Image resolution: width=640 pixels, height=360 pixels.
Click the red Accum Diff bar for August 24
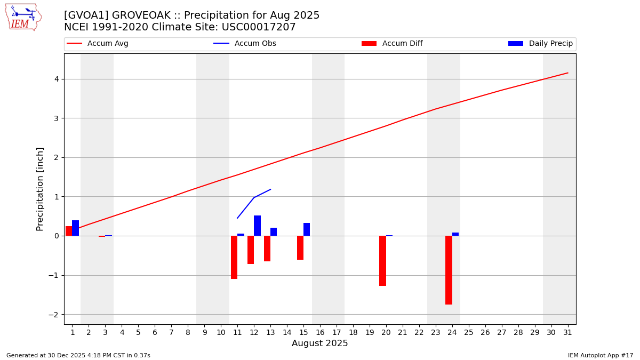point(449,270)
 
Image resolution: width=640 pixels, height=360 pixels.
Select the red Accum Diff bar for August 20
point(382,261)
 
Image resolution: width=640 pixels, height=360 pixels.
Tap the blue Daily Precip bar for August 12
point(257,226)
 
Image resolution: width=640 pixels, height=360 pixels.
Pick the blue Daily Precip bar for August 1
point(75,228)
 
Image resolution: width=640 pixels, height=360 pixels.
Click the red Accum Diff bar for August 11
point(234,257)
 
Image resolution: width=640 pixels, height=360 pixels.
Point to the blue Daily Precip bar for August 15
point(307,229)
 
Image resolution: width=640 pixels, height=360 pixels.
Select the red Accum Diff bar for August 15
point(300,247)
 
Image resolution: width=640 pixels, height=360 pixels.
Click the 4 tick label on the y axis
point(55,79)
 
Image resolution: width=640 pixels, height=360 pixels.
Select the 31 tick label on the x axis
point(567,332)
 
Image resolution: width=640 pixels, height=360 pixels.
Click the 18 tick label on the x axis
point(353,332)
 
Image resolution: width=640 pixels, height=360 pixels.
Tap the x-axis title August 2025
point(319,343)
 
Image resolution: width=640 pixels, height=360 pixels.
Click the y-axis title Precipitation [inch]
point(40,189)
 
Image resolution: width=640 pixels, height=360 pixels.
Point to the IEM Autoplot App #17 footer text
point(600,355)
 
